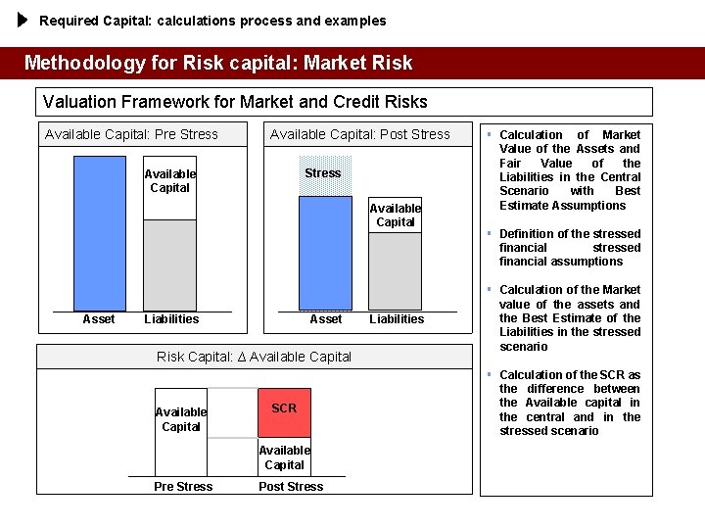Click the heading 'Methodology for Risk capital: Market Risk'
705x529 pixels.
(218, 64)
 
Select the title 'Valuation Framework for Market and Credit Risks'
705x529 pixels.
(235, 102)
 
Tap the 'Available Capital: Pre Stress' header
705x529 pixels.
(131, 134)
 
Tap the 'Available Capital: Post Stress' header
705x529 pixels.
(359, 134)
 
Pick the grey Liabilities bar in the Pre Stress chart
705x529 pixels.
(169, 264)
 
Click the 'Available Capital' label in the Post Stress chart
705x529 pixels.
(395, 215)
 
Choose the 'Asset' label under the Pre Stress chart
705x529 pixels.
(99, 319)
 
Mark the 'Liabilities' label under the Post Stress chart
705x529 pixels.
(397, 319)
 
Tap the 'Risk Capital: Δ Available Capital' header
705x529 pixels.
(254, 357)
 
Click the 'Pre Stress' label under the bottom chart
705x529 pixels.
(183, 487)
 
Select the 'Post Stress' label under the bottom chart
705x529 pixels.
(290, 487)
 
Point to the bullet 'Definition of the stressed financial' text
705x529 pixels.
(570, 248)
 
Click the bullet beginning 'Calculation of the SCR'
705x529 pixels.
(570, 403)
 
